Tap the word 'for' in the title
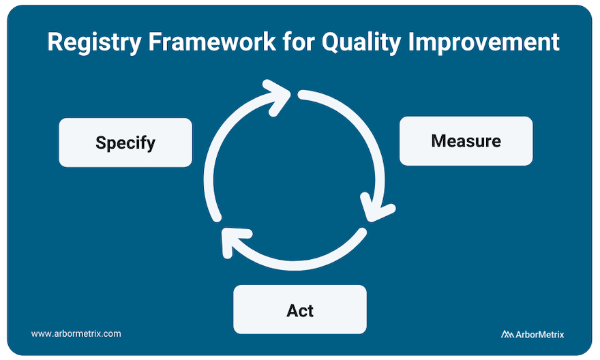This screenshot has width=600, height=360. pos(299,42)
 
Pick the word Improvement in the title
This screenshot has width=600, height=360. pos(487,42)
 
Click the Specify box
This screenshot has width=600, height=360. pos(125,142)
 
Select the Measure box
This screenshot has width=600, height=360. pos(466,141)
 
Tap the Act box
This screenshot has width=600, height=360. pos(300,310)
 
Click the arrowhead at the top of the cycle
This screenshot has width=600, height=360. pos(280,95)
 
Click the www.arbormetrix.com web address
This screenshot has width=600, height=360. pos(76,334)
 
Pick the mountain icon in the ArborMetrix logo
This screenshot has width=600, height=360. pos(507,334)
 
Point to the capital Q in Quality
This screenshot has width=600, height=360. pos(332,42)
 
